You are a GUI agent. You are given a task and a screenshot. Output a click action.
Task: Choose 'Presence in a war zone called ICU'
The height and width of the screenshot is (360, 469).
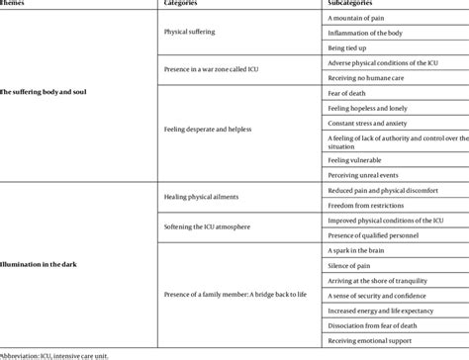208,70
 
